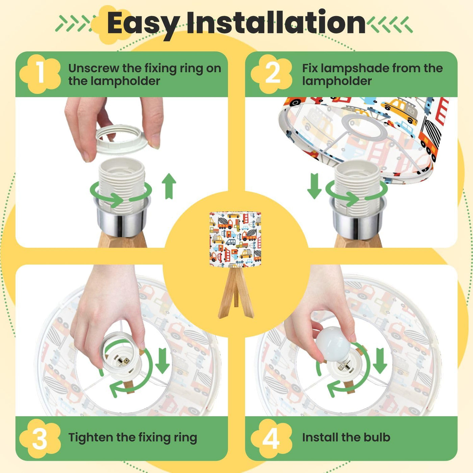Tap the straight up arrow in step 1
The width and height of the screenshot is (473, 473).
click(169, 186)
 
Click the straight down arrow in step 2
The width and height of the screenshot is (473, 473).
click(315, 186)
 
